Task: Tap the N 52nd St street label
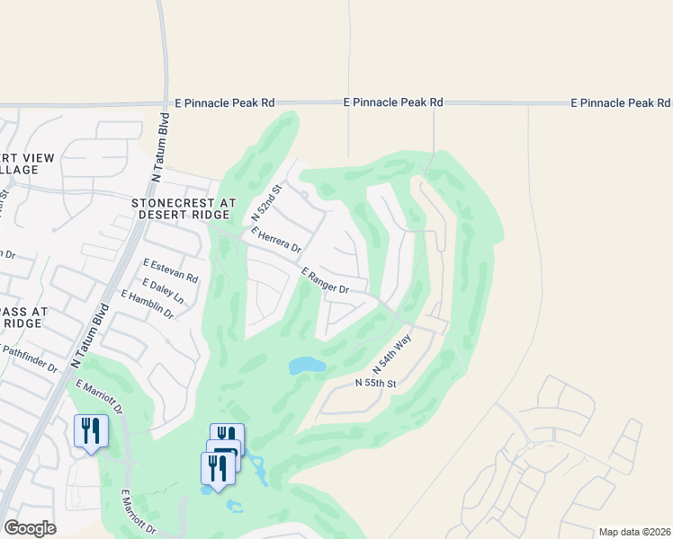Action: tap(266, 202)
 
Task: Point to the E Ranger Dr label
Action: tap(325, 281)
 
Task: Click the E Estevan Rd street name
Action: tap(170, 272)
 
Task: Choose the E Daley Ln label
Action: tap(163, 290)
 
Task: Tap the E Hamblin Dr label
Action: tap(146, 305)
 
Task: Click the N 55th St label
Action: tap(375, 384)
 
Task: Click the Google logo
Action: tap(30, 528)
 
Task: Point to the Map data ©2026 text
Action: tap(633, 532)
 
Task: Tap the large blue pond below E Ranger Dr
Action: tap(307, 366)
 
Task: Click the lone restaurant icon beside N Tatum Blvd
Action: tap(91, 430)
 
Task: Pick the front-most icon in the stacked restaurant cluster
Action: tap(217, 468)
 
